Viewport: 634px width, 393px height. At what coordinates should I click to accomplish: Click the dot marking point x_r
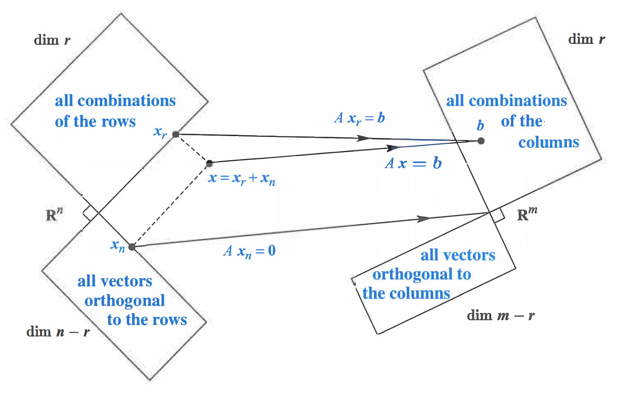coord(176,134)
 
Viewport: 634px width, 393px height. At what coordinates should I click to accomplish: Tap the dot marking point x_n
coord(132,247)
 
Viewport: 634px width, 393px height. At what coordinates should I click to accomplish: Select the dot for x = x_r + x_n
coord(209,163)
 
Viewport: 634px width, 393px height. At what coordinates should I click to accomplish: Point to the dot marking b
coord(481,141)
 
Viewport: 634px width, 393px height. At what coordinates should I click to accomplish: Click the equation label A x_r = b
coord(360,118)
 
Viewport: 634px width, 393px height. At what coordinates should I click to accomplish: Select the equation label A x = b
coord(413,163)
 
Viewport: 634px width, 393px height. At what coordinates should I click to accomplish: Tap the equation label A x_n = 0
coord(249,251)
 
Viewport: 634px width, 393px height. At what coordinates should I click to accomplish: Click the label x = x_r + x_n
coord(242,178)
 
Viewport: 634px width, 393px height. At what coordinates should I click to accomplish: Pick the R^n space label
coord(54,214)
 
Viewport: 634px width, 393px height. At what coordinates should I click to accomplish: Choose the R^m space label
coord(527,214)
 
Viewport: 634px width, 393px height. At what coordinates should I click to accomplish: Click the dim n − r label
coord(58,332)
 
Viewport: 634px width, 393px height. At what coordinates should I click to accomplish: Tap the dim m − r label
coord(501,316)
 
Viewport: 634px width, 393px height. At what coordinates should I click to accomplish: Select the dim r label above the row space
coord(52,40)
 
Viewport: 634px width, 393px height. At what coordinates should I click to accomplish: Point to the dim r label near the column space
coord(586,40)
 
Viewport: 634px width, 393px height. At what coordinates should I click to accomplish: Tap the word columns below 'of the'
coord(549,143)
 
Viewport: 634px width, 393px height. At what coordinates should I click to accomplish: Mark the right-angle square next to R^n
coord(90,213)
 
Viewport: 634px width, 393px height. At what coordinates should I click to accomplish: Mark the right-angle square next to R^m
coord(497,215)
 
